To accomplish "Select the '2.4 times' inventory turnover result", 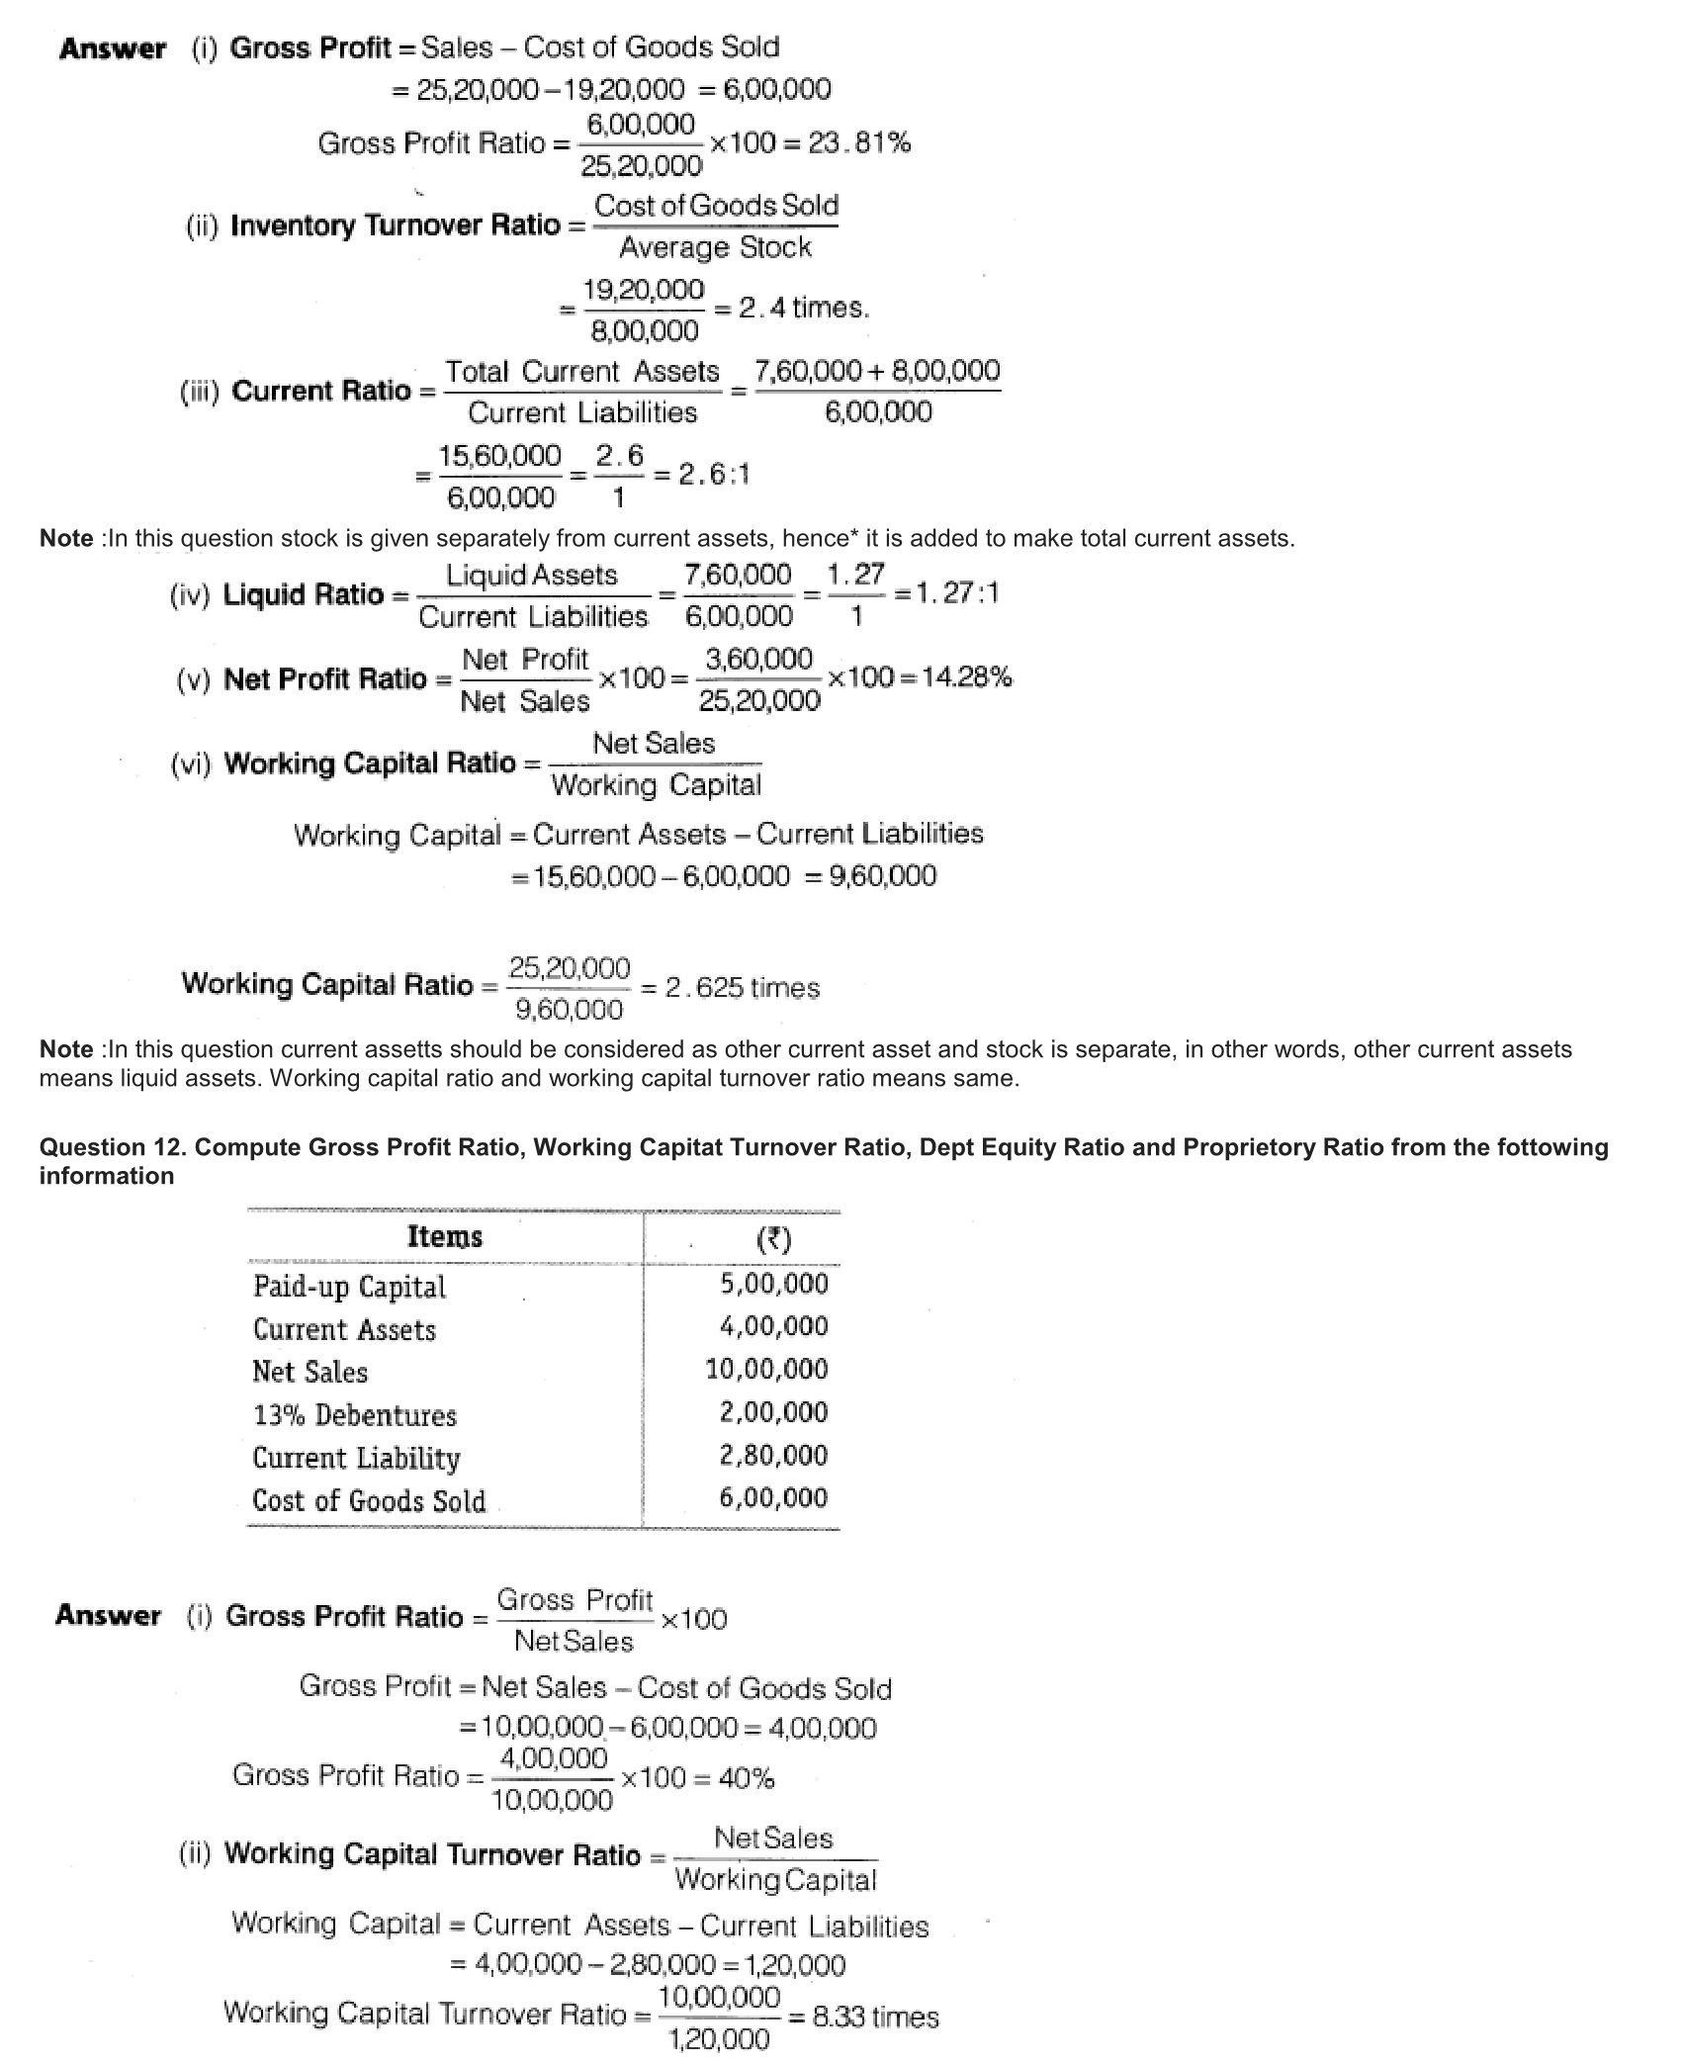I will click(804, 309).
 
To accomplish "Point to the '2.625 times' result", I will click(742, 988).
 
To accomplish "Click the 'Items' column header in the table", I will click(444, 1237).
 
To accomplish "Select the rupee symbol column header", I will click(773, 1239).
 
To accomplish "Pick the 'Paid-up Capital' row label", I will click(349, 1287).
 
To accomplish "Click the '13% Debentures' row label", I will click(355, 1415).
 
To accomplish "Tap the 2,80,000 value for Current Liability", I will click(773, 1455).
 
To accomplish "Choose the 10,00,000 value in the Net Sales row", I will click(766, 1370).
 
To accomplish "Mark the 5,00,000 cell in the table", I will click(773, 1284).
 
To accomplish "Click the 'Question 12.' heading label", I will click(114, 1147).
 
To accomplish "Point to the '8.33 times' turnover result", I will click(875, 2017).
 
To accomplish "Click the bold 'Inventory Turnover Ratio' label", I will click(396, 225).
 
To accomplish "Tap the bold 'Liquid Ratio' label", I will click(304, 594).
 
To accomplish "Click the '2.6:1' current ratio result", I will click(714, 475).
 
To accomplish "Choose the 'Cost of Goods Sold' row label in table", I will click(369, 1501).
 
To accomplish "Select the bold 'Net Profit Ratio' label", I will click(325, 679).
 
